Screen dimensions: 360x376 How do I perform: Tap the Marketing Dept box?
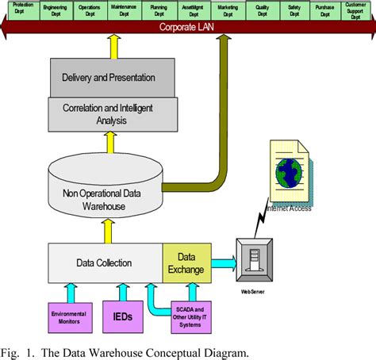(228, 10)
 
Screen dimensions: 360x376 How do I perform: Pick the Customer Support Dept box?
(355, 10)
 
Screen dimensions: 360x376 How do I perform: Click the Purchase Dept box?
(324, 10)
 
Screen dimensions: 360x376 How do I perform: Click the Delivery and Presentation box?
(108, 78)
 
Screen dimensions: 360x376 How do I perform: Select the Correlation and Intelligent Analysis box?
(108, 113)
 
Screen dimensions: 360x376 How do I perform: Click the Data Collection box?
(104, 263)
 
